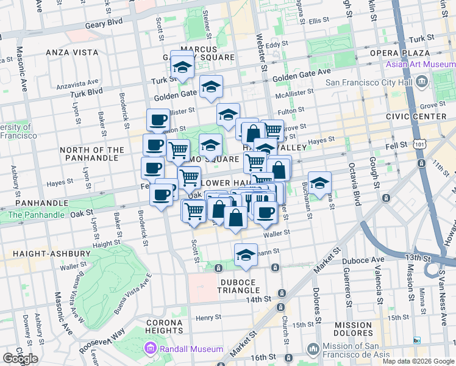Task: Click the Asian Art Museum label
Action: (420, 65)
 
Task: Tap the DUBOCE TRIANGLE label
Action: (239, 290)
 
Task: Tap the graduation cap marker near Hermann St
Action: (246, 254)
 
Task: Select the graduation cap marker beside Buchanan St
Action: (319, 182)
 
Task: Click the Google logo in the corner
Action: (20, 359)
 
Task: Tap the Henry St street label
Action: (208, 317)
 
